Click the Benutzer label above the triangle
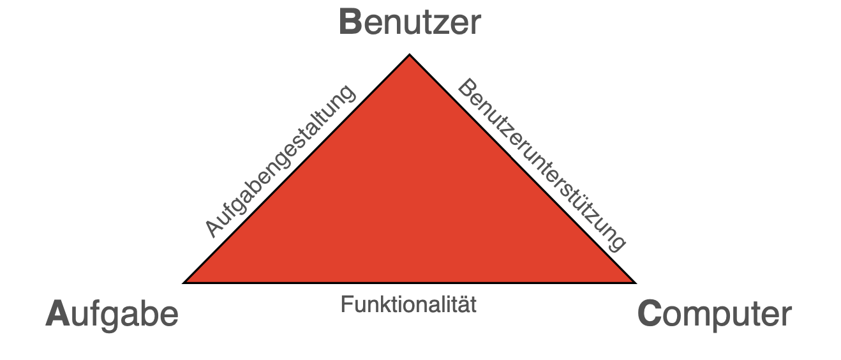coord(409,23)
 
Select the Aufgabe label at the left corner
coord(112,315)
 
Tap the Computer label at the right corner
coord(714,315)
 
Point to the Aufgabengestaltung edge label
coord(279,161)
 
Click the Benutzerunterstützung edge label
coord(542,165)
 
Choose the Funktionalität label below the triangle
coord(408,304)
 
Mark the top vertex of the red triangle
coord(410,56)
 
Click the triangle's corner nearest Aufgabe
coord(186,281)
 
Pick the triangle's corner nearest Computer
coord(634,281)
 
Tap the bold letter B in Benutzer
coord(350,23)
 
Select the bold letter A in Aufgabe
coord(57,315)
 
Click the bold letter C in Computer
coord(650,315)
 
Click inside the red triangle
coord(409,204)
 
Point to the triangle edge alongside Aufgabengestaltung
coord(297,169)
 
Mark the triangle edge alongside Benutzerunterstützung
coord(522,169)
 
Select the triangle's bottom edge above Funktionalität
coord(409,281)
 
